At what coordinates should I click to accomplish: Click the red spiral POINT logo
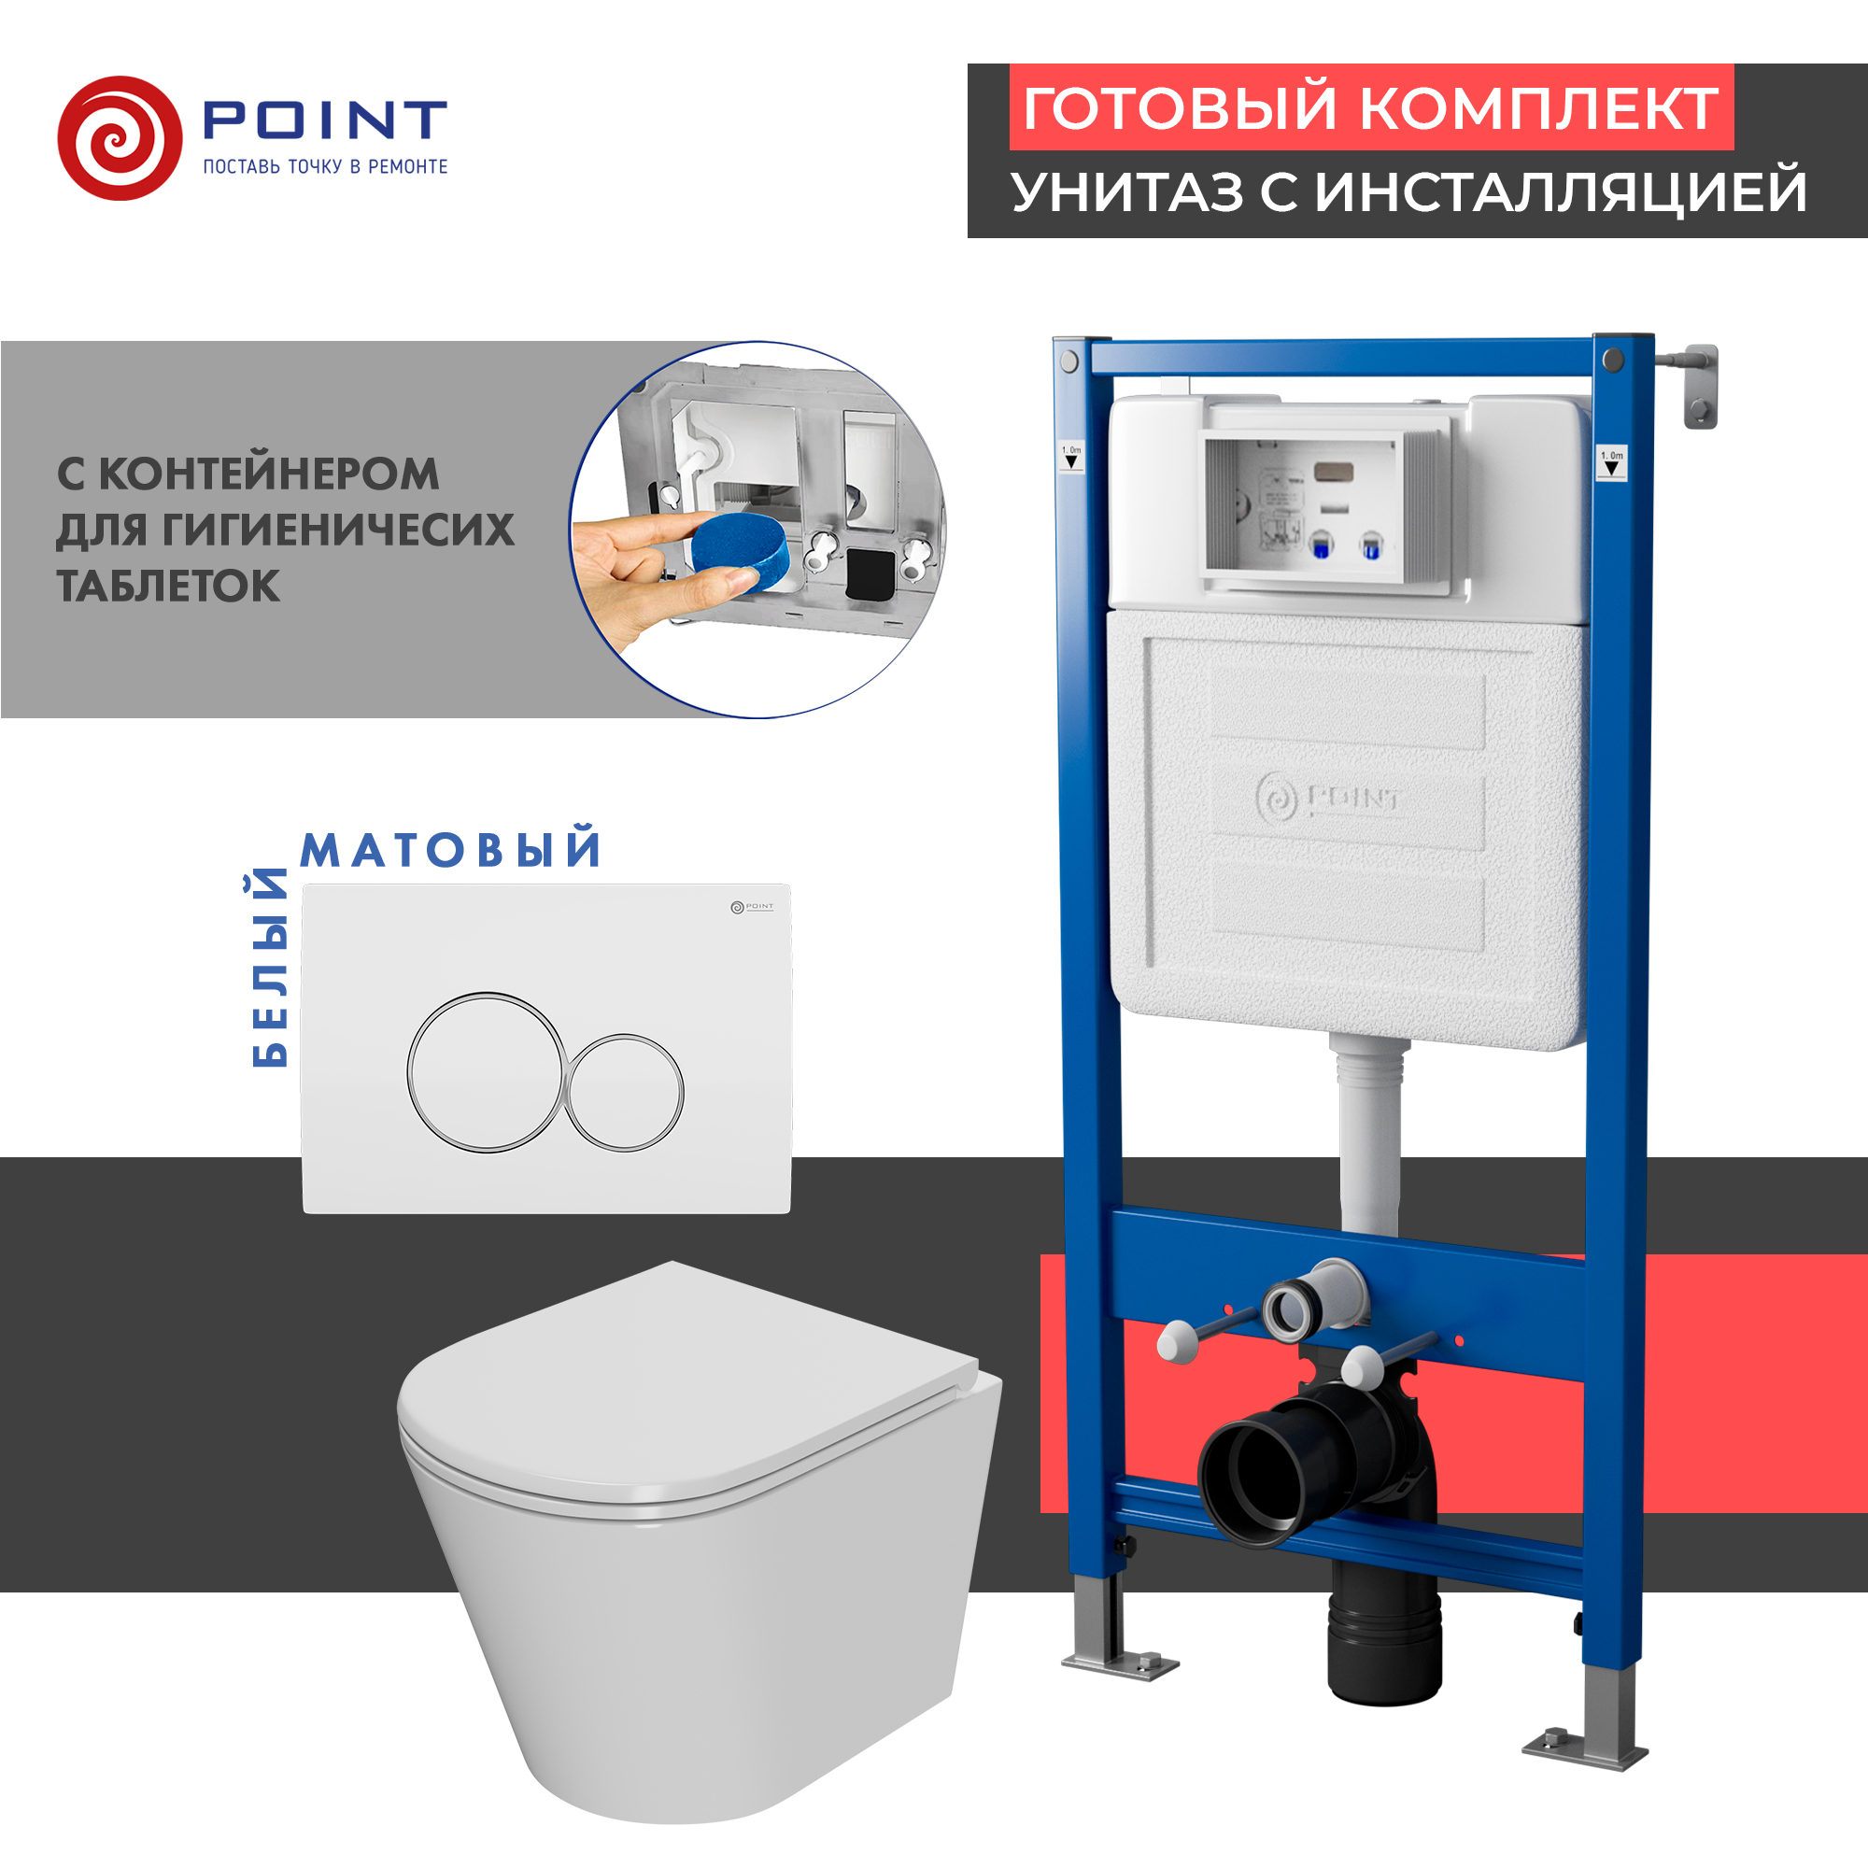119,138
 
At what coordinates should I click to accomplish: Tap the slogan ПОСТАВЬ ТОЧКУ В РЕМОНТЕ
325,166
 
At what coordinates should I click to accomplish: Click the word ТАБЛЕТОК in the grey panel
168,586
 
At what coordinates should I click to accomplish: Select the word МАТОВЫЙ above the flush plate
450,850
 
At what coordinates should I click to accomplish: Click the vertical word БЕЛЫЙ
270,967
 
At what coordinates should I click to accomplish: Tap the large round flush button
486,1071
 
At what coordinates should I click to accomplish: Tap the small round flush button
625,1093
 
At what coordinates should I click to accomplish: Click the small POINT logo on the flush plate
751,907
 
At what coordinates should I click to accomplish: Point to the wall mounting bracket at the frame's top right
1700,385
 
